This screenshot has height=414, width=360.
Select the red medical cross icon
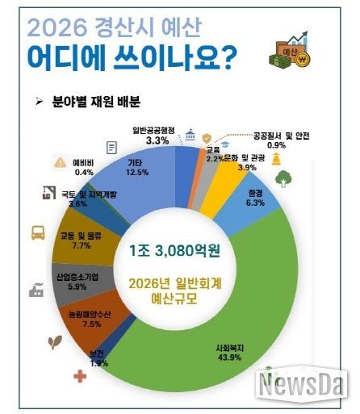coord(80,376)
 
